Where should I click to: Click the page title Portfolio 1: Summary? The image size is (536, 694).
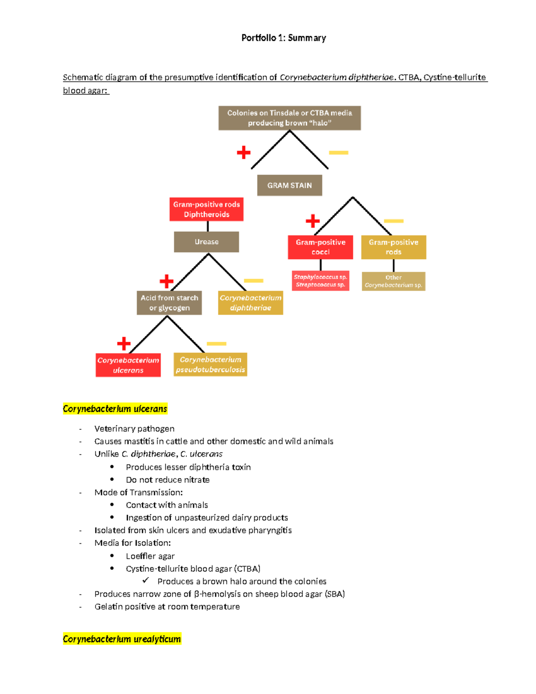tap(283, 38)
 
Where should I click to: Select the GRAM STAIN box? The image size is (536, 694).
tap(289, 185)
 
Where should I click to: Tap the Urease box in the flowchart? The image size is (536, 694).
tap(206, 242)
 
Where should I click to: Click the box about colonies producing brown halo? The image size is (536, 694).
tap(289, 118)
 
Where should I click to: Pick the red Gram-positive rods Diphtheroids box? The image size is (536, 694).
tap(206, 210)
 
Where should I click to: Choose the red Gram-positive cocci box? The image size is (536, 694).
tap(320, 247)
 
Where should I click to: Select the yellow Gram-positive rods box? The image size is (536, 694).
tap(394, 247)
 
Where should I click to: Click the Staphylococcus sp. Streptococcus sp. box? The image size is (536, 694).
tap(320, 281)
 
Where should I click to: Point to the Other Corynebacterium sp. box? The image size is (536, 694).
tap(394, 282)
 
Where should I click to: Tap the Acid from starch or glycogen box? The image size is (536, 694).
tap(169, 303)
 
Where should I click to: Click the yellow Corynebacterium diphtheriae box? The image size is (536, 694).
tap(251, 303)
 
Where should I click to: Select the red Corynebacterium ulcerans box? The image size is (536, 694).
tap(128, 365)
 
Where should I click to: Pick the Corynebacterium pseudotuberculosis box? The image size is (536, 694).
tap(210, 365)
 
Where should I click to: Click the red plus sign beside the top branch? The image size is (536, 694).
tap(243, 152)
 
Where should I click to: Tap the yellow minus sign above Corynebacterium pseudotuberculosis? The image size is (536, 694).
tap(217, 344)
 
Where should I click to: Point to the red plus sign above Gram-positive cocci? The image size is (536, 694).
tap(313, 221)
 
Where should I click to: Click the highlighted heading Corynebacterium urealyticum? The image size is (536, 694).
tap(122, 639)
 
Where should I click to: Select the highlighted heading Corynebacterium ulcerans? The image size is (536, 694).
tap(115, 409)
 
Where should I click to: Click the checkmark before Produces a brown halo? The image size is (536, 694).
tap(146, 580)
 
